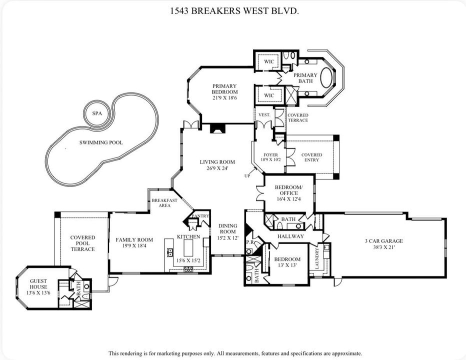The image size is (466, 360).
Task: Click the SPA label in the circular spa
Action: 96,114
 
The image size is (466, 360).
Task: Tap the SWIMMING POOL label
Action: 101,142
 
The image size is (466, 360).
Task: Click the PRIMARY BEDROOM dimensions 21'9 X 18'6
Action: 224,98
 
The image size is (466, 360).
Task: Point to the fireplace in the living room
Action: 217,128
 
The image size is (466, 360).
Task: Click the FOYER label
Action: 270,155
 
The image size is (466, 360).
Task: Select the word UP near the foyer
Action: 247,176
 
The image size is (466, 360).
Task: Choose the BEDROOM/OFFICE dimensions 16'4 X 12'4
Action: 286,199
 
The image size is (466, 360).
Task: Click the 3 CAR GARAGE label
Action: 383,241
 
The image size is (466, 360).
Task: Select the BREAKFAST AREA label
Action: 164,203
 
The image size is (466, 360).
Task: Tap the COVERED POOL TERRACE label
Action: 82,243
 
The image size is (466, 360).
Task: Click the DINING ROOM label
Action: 228,228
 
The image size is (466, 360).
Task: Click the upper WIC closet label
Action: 269,62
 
